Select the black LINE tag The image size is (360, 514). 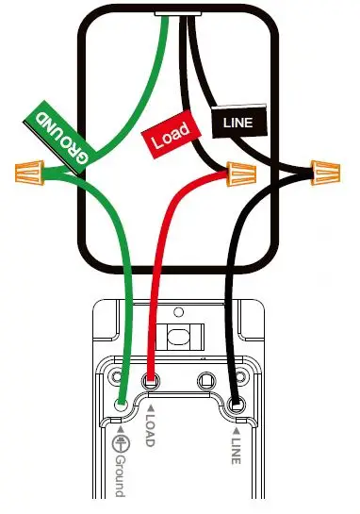click(239, 122)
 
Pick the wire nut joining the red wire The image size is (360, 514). click(243, 174)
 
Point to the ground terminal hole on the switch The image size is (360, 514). click(123, 406)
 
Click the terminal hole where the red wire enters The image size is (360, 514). click(153, 381)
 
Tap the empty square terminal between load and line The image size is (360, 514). click(205, 382)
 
